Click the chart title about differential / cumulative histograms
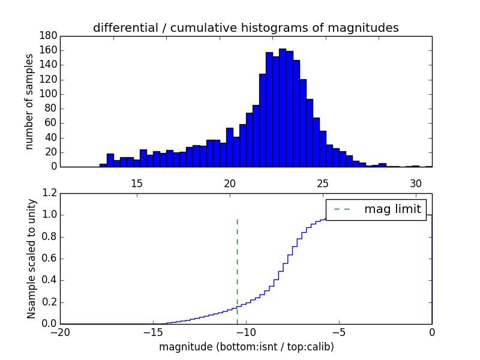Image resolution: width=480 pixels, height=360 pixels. [x=245, y=28]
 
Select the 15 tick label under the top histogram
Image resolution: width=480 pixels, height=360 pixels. [x=136, y=183]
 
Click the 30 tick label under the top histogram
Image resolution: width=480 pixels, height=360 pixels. [x=415, y=183]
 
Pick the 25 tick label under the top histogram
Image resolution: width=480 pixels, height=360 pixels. [x=322, y=183]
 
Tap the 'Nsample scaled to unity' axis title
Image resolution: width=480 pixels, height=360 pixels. [x=31, y=258]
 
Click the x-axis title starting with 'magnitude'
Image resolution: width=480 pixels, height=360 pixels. [x=246, y=347]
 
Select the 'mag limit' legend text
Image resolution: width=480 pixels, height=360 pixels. [x=392, y=209]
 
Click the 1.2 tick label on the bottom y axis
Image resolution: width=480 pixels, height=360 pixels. [x=48, y=193]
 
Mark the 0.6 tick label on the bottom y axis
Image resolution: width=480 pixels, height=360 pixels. [x=48, y=259]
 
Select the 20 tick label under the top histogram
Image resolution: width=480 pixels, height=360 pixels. [x=229, y=183]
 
